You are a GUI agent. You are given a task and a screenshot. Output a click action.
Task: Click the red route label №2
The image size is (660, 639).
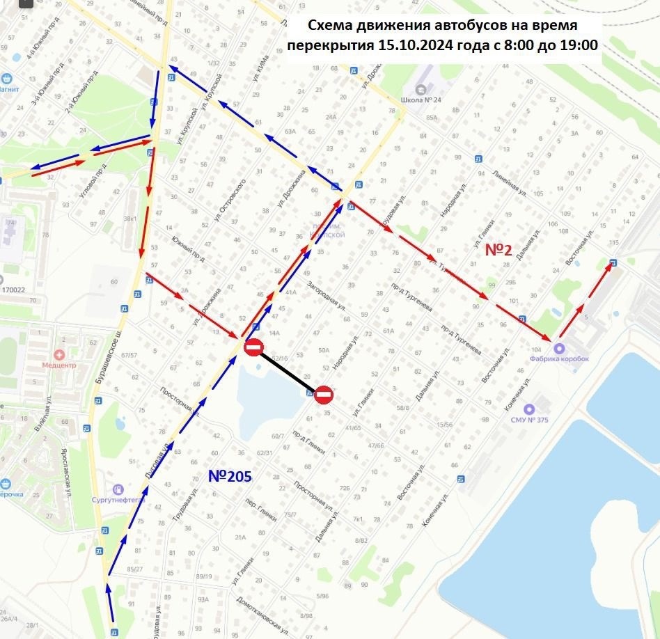click(498, 251)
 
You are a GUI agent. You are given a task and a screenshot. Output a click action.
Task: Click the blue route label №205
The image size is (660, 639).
click(230, 476)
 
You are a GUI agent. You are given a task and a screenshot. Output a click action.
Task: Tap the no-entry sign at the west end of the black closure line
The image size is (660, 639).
click(253, 347)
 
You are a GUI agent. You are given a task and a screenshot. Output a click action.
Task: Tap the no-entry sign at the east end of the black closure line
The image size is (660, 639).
click(323, 395)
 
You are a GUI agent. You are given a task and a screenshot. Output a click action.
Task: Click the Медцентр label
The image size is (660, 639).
click(63, 363)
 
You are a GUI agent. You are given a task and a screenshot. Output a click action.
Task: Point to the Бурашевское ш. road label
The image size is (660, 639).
click(110, 362)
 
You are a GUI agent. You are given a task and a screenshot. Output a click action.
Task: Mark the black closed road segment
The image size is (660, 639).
click(288, 371)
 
